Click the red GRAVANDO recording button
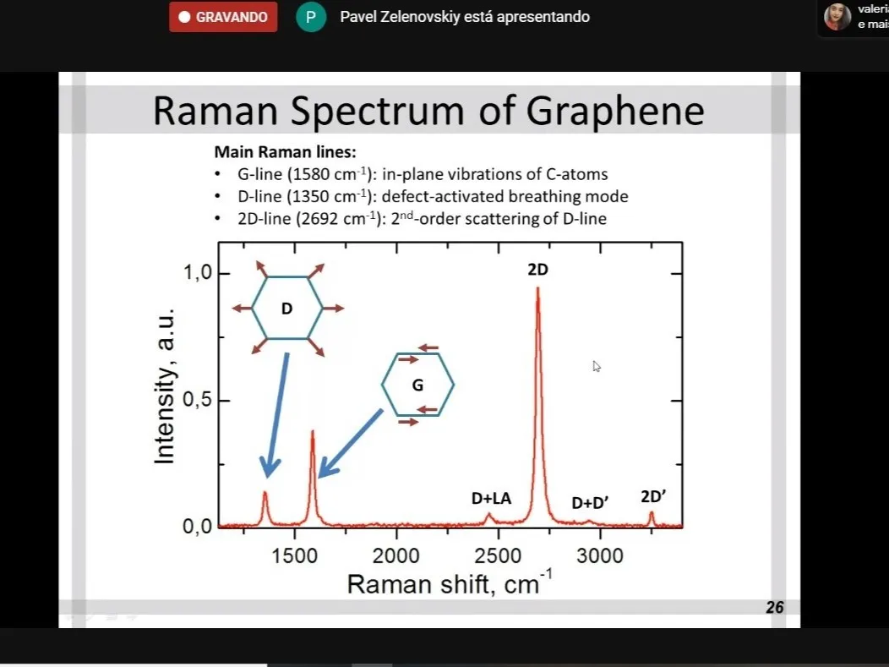tap(223, 17)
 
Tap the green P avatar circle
tap(311, 17)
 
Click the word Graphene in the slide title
tap(615, 112)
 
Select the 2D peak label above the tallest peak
tap(538, 270)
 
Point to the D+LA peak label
tap(492, 498)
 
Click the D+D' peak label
tap(590, 502)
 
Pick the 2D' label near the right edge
tap(653, 496)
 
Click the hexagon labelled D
tap(287, 308)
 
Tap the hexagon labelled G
tap(417, 385)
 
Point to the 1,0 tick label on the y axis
tap(197, 273)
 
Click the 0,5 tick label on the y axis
tap(197, 400)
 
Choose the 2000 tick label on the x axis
tap(395, 556)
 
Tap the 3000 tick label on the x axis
tap(600, 556)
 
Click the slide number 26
tap(774, 608)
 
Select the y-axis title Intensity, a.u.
tap(165, 386)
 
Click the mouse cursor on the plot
tap(597, 366)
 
